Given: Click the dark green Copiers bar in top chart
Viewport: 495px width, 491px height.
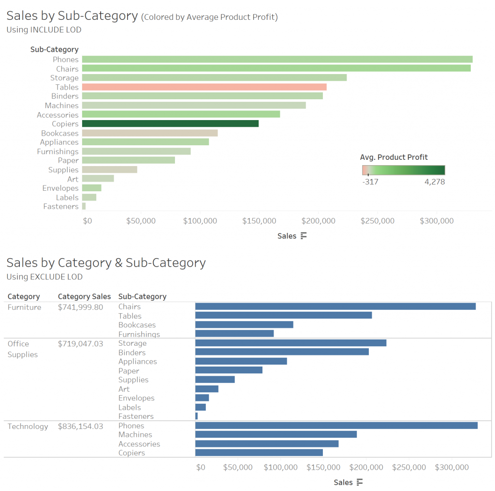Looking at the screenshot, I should [170, 123].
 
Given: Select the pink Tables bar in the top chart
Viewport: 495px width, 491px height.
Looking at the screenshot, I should [204, 87].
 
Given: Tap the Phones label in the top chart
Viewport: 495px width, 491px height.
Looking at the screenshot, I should [65, 60].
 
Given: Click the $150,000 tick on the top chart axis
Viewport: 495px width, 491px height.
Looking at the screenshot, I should [259, 221].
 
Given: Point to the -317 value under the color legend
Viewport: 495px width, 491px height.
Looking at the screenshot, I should [370, 182].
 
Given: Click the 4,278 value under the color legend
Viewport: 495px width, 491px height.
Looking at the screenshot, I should [435, 182].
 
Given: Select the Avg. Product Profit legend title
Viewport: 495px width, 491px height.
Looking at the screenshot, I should [393, 157].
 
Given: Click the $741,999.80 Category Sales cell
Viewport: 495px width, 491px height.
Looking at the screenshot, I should [80, 307].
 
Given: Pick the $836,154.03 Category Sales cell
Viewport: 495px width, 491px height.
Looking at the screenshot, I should [80, 427].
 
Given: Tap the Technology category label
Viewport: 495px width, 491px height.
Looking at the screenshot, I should [28, 427].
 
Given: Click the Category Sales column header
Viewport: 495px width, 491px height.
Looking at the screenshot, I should [84, 296].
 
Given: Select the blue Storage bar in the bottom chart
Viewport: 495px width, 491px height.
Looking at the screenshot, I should [290, 343].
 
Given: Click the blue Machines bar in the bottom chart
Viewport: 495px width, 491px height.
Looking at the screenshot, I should [276, 434].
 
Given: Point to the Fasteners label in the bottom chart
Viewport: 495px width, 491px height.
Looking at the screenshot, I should [136, 416].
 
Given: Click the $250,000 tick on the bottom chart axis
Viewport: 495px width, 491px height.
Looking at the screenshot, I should [409, 467].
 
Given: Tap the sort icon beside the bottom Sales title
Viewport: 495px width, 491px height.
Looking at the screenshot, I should [359, 482].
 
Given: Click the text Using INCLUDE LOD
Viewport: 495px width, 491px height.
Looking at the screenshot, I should [44, 30].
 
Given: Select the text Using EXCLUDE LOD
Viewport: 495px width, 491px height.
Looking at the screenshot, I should [44, 277].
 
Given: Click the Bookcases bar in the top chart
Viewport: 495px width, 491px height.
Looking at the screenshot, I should [149, 133].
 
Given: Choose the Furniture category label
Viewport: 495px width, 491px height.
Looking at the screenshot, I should [24, 307].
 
